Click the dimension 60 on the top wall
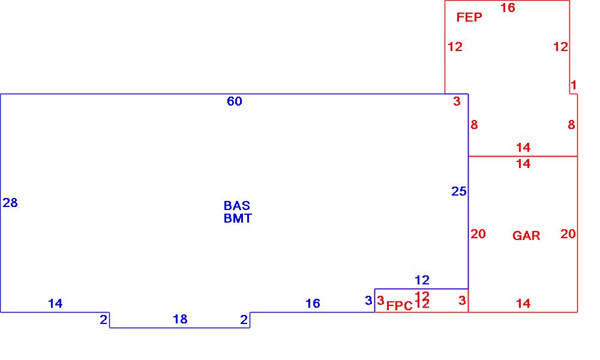235,101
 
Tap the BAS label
237,206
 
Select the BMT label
238,218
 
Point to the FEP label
469,17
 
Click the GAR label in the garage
526,236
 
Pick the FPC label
400,305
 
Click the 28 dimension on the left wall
10,203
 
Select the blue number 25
459,191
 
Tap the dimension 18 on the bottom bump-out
180,319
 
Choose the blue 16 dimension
313,304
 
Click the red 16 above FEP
508,8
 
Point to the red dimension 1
574,85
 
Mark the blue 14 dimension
55,304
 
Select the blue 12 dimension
422,280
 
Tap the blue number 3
368,301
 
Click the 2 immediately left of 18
104,320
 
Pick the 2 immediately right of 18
244,320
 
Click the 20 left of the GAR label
478,234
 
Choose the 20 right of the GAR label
568,234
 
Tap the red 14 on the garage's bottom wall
523,304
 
